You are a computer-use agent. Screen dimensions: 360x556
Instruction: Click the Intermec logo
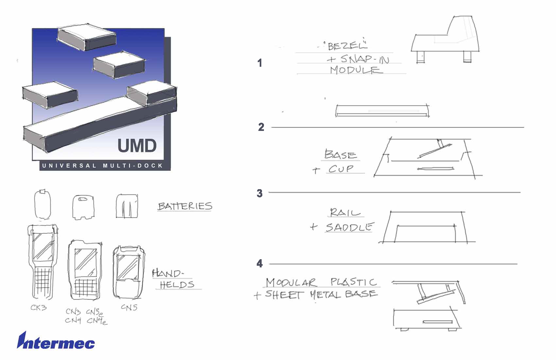click(x=56, y=342)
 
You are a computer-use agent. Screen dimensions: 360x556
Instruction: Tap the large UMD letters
click(x=137, y=146)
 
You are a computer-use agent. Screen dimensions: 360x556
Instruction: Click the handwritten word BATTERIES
click(x=185, y=206)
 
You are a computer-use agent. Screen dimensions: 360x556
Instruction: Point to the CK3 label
click(x=39, y=308)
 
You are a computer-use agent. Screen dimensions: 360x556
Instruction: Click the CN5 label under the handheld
click(x=129, y=307)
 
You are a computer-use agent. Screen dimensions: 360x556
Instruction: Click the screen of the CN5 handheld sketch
click(x=128, y=266)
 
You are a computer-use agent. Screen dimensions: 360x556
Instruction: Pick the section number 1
click(x=260, y=63)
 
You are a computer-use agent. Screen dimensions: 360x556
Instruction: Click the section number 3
click(x=260, y=193)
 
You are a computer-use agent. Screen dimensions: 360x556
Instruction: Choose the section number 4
click(x=260, y=263)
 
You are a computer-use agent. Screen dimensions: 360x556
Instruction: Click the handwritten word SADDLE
click(x=349, y=227)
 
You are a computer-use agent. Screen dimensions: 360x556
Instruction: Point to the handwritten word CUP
click(x=341, y=169)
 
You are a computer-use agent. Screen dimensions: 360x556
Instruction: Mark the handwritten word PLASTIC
click(x=354, y=282)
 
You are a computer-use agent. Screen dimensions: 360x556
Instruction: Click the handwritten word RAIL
click(x=345, y=213)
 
